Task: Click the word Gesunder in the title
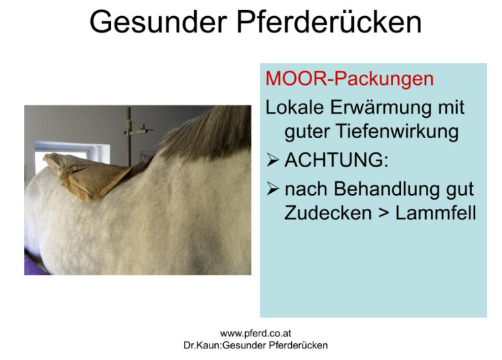(158, 22)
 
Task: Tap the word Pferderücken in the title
(329, 22)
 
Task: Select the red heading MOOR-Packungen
(350, 78)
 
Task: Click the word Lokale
(294, 107)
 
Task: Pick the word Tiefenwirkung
(372, 131)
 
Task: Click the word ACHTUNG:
(336, 160)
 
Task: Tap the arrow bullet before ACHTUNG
(272, 160)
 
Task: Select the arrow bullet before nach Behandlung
(272, 189)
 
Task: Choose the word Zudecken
(328, 212)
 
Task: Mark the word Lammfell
(436, 212)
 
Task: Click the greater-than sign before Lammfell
(383, 213)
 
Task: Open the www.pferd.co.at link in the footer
(255, 334)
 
